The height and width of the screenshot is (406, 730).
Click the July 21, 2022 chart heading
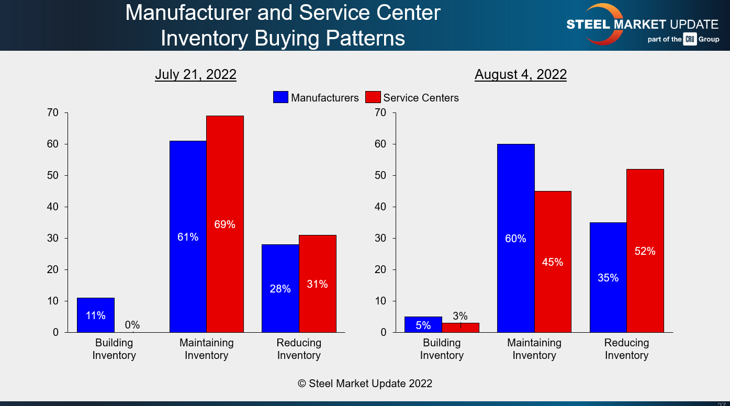pos(195,75)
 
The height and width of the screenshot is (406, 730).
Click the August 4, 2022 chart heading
pos(520,75)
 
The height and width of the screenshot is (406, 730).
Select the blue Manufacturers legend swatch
pos(280,97)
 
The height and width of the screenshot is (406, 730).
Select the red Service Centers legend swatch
pos(373,97)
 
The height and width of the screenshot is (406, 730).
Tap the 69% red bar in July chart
pos(224,224)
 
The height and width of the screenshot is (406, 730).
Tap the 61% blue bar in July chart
pos(188,236)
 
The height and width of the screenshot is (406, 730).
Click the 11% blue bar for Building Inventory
pos(96,315)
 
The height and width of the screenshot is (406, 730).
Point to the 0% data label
pos(132,325)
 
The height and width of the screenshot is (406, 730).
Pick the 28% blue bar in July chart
pos(280,288)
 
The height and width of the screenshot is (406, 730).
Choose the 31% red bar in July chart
pos(317,284)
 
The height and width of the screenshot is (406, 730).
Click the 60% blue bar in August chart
pos(515,238)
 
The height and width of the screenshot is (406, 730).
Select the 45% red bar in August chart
pos(553,262)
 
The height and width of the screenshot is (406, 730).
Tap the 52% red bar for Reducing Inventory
pos(645,251)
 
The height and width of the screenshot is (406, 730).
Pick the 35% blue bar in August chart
pos(608,277)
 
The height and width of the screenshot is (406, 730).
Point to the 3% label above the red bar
pos(460,316)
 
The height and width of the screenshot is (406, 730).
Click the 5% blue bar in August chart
pos(423,325)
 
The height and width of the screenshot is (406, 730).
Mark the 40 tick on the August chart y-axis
pos(380,207)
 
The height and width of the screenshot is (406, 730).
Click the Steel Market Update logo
pos(642,25)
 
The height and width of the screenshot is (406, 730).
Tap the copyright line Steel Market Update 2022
pos(365,384)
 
